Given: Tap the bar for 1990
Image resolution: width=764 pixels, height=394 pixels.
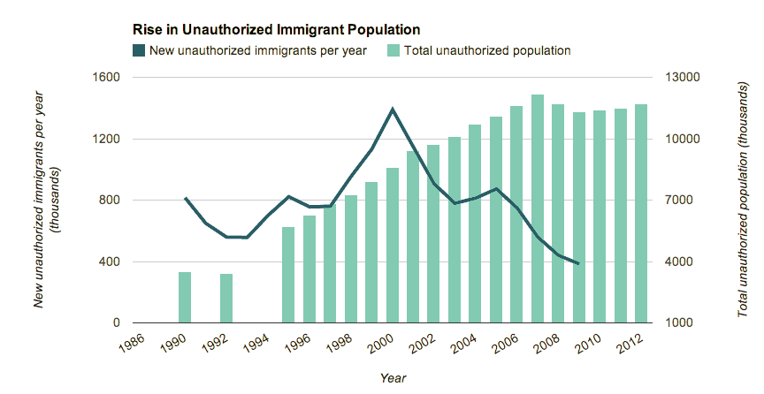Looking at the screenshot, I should pos(185,298).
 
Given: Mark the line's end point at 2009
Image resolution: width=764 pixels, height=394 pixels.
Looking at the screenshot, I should pos(578,263).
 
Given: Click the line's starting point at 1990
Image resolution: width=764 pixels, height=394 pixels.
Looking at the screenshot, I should pos(185,198).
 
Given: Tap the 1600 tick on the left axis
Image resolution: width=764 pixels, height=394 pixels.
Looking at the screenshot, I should pos(107,78).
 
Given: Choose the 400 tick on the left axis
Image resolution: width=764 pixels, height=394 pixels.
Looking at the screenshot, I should pos(111,262).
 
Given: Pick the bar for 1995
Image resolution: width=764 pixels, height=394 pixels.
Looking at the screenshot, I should pos(288,275).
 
